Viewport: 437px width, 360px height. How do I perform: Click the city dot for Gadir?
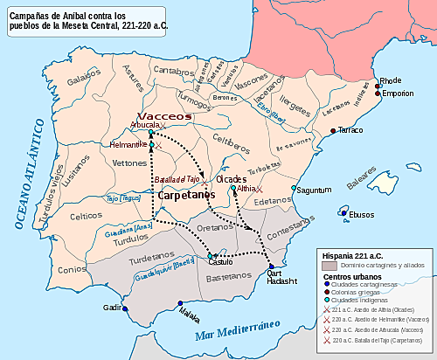[125, 308]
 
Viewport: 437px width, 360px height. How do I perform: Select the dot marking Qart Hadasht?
[271, 267]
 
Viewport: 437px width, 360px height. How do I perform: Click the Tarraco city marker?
[332, 130]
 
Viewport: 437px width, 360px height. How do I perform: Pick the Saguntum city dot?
[294, 189]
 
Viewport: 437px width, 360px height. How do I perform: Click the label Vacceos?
[164, 115]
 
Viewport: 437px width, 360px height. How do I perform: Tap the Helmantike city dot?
[151, 144]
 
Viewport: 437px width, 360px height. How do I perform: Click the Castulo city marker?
[210, 255]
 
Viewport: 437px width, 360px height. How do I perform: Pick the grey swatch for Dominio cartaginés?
[327, 265]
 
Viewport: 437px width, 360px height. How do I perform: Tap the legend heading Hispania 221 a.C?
[355, 254]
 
